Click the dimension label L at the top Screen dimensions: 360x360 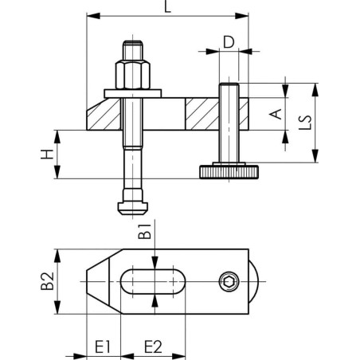pyautogui.click(x=166, y=7)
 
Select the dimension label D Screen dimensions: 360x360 pyautogui.click(x=229, y=41)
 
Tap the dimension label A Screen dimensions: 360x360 pyautogui.click(x=276, y=115)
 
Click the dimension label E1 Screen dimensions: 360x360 pyautogui.click(x=101, y=346)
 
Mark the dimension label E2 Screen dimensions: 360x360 pyautogui.click(x=153, y=346)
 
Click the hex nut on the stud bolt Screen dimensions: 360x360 pyautogui.click(x=131, y=76)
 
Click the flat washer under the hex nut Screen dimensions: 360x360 pyautogui.click(x=131, y=95)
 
